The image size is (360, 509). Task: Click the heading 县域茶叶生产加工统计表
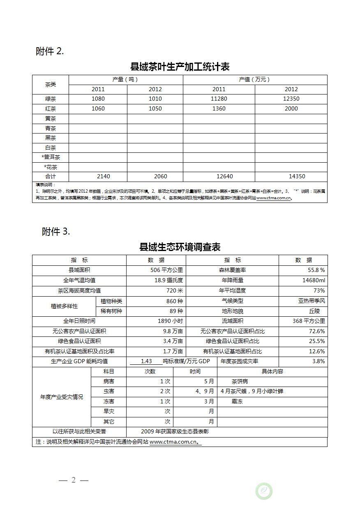[x=180, y=67]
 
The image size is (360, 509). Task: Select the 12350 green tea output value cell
[x=291, y=99]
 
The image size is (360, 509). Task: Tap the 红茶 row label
[x=51, y=109]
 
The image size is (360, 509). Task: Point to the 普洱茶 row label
[x=51, y=157]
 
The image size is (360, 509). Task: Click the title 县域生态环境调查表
[x=180, y=247]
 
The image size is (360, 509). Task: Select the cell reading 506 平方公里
[x=166, y=270]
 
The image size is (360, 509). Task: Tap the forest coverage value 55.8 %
[x=316, y=270]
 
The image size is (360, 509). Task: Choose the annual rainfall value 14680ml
[x=314, y=281]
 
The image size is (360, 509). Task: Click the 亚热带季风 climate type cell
[x=312, y=301]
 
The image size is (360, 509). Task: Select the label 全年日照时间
[x=79, y=321]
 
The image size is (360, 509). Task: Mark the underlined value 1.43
[x=146, y=362]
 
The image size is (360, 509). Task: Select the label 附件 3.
[x=56, y=232]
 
